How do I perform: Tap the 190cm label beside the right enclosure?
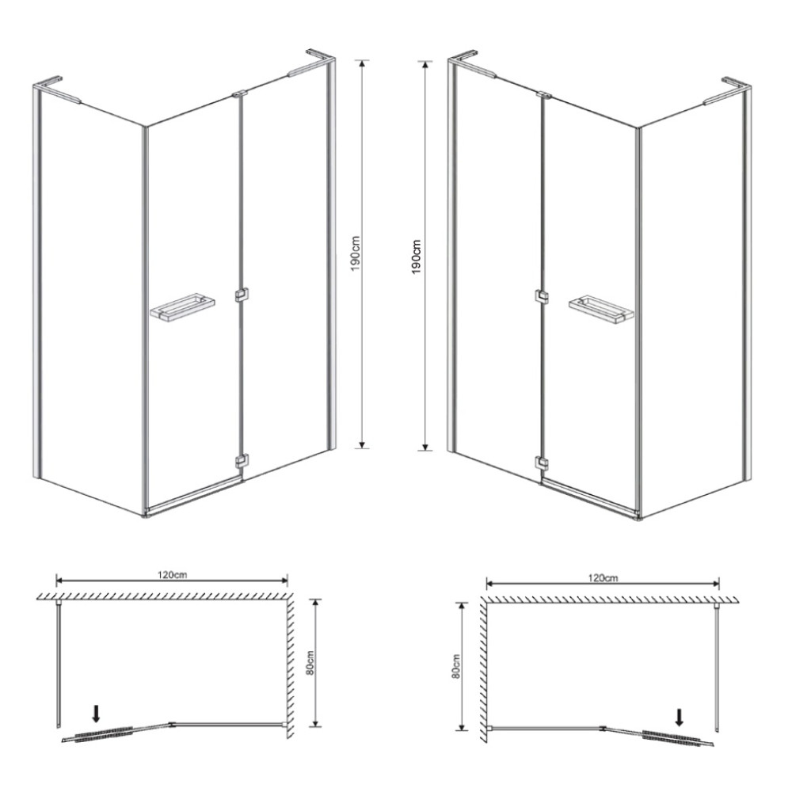[417, 256]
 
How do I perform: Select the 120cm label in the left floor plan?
[172, 574]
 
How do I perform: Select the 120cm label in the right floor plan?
[603, 578]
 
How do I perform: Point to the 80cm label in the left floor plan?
[310, 663]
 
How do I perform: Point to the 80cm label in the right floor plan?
[456, 666]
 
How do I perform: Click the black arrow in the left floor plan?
[97, 714]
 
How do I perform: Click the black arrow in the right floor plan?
[680, 718]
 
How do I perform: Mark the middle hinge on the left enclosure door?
[242, 295]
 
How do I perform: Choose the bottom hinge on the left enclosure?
[242, 462]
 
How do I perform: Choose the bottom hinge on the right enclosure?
[542, 463]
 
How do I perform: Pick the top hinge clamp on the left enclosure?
[240, 93]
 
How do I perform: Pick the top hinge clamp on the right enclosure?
[544, 94]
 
